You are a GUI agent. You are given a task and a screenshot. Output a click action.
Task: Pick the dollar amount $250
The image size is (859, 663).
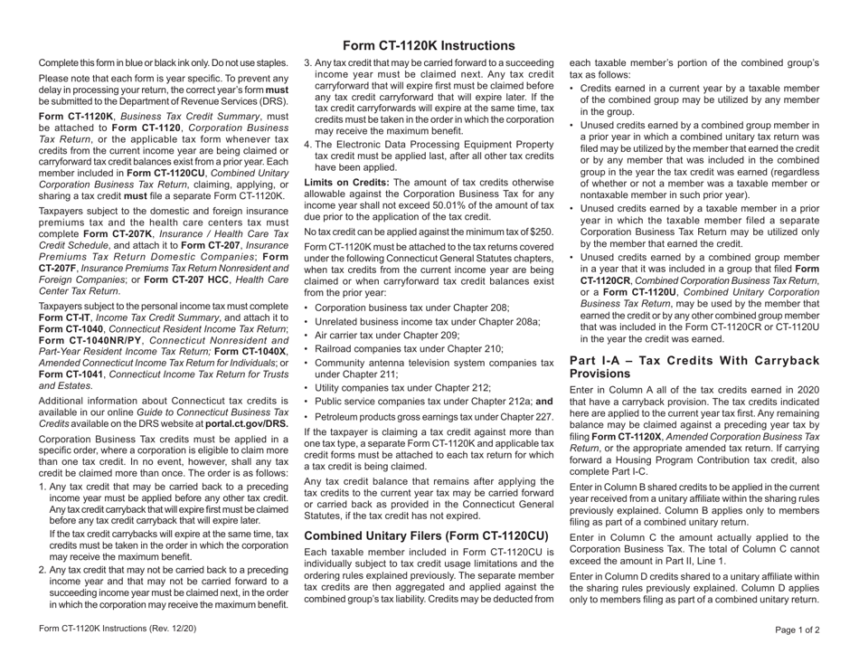point(539,232)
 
